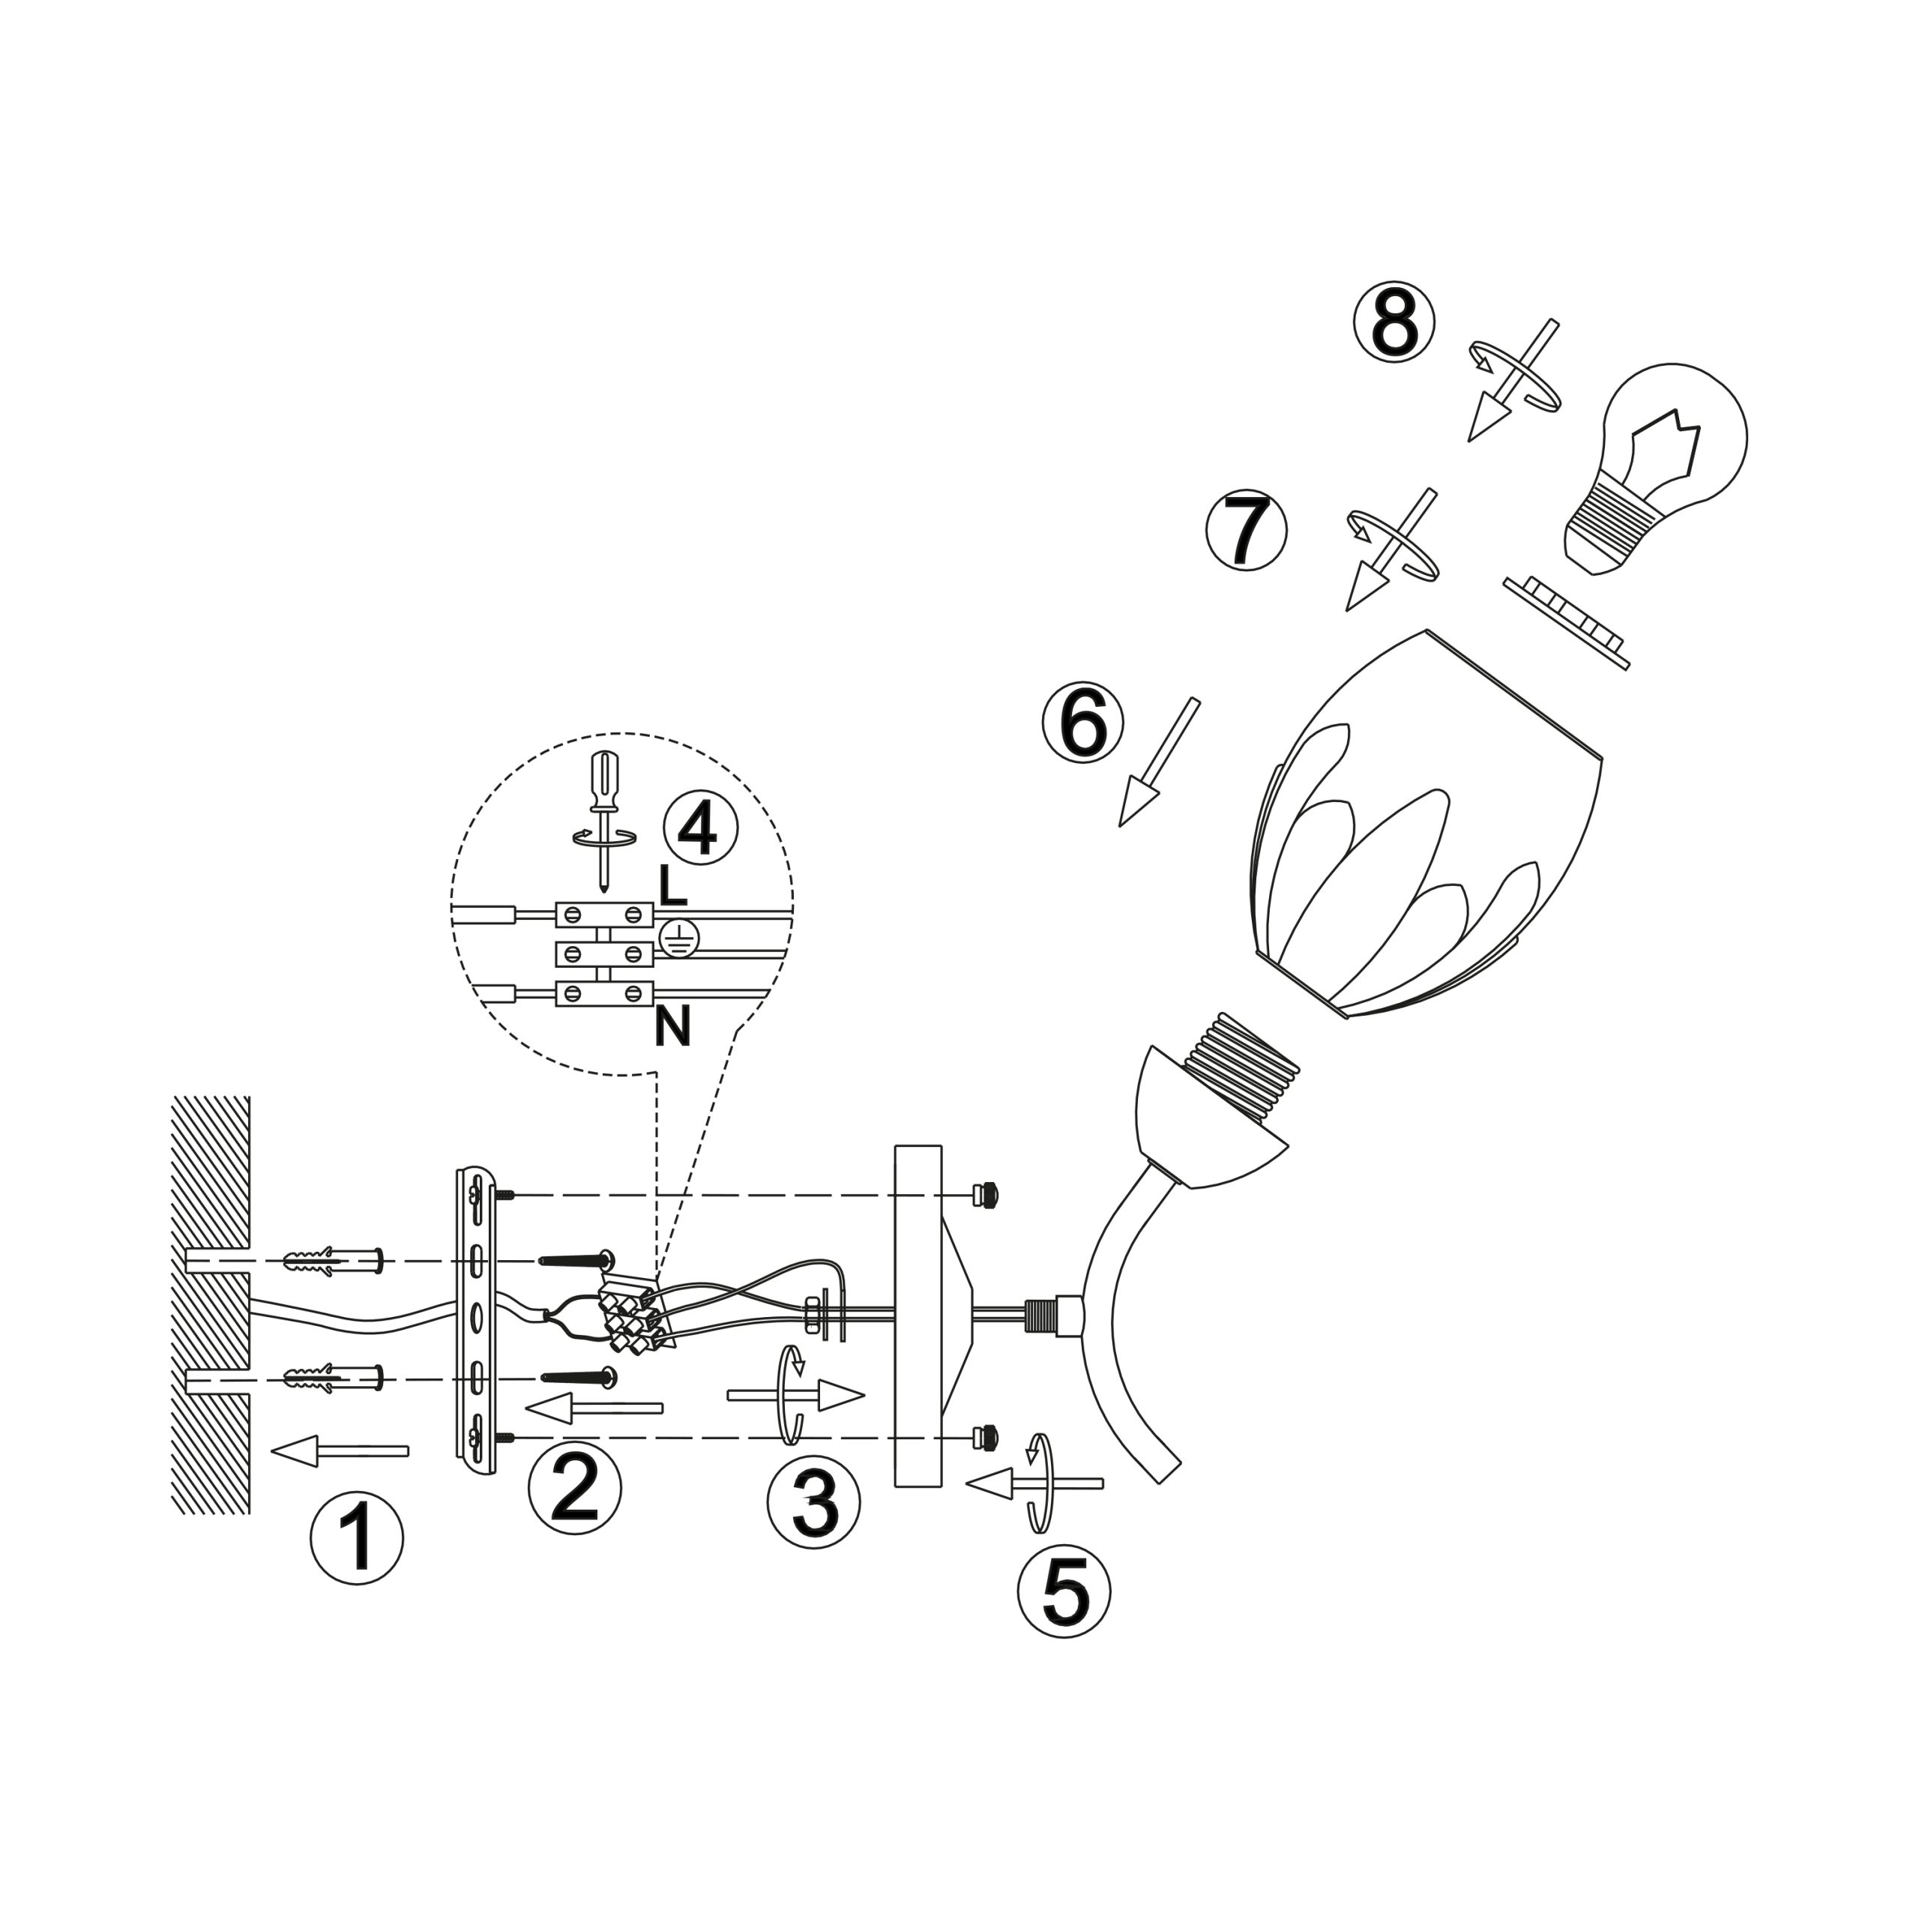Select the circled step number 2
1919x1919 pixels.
[574, 1487]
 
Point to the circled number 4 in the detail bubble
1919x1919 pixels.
[700, 828]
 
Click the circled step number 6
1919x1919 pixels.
[1082, 722]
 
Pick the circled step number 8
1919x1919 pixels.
[1394, 322]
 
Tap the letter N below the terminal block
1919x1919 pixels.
[672, 1027]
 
